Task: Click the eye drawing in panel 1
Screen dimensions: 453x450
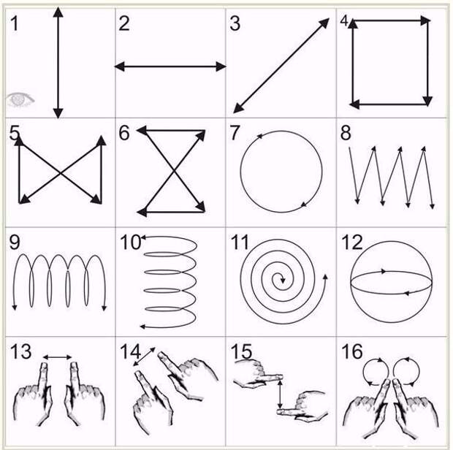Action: (20, 99)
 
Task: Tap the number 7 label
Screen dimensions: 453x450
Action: (235, 132)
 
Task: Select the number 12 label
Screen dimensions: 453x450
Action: (352, 242)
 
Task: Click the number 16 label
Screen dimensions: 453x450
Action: (352, 351)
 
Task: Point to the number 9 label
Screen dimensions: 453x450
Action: (15, 242)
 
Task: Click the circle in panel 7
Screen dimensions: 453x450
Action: (240, 172)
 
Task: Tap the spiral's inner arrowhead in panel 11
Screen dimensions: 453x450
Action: (283, 281)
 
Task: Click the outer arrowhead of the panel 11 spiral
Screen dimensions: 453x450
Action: (325, 278)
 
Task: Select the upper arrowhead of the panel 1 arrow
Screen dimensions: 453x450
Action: (58, 12)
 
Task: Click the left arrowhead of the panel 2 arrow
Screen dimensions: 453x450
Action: (120, 66)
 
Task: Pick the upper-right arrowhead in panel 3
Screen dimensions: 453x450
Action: (324, 23)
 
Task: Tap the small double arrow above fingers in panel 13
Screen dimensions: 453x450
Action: (58, 357)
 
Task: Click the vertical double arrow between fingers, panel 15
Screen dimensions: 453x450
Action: (280, 394)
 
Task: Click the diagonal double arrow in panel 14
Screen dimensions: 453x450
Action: (144, 356)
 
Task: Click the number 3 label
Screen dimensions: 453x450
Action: (235, 23)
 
